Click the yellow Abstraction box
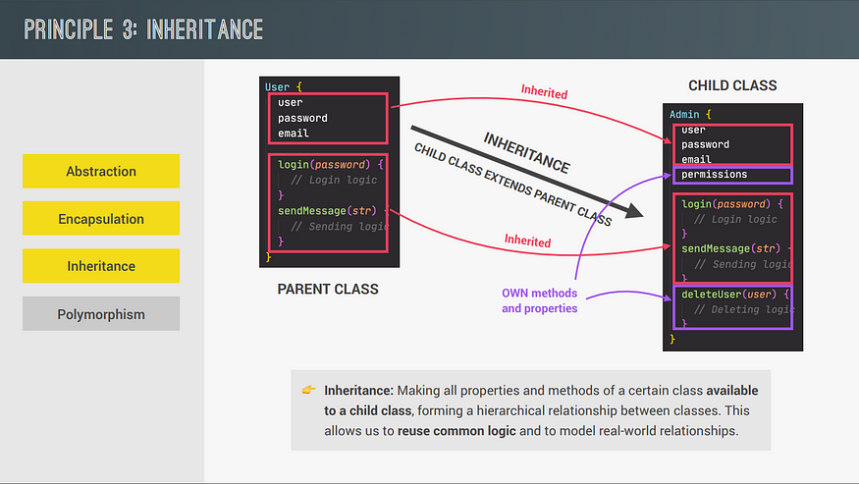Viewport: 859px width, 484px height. [x=101, y=171]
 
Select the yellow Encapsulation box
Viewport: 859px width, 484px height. [x=101, y=218]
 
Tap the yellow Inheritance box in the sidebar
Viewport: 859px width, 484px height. [x=101, y=266]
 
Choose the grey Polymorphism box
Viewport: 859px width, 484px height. [x=101, y=313]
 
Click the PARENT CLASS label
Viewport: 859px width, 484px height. [x=328, y=289]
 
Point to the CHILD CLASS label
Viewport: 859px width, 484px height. [x=732, y=85]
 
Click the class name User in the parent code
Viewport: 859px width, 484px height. [x=277, y=86]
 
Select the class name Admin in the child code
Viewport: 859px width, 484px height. [x=684, y=114]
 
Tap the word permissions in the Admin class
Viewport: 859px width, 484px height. [x=714, y=175]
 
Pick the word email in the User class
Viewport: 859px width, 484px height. [x=294, y=134]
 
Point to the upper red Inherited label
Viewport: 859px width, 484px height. [x=544, y=91]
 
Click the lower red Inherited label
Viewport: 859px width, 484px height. [x=527, y=241]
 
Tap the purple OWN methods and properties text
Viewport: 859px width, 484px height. [x=540, y=300]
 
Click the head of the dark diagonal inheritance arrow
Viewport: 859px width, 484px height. [x=636, y=212]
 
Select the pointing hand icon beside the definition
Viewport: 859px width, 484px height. [x=308, y=390]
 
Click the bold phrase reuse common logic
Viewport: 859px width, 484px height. [x=456, y=431]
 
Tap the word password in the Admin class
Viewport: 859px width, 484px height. [x=705, y=144]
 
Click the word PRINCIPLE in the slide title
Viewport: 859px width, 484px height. [x=69, y=29]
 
